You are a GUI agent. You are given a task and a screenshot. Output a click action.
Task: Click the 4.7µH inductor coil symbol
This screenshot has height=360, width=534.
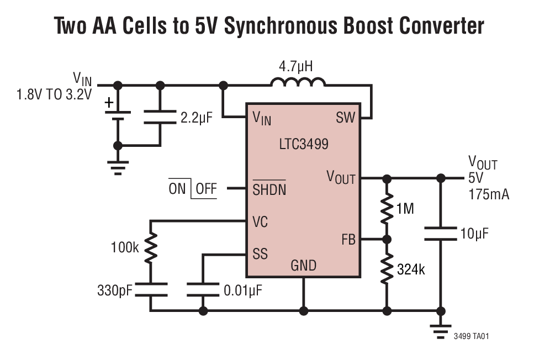click(x=298, y=83)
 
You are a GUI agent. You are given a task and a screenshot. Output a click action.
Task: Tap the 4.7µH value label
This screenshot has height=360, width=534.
click(x=295, y=67)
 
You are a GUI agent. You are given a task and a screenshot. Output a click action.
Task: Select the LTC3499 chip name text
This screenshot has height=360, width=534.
click(x=304, y=145)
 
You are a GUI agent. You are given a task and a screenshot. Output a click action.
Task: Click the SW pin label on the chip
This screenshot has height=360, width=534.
click(x=346, y=118)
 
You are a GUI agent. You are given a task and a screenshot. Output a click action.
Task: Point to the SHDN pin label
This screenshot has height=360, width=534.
click(x=269, y=189)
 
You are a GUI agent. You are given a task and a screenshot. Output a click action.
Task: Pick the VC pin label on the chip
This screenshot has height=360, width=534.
click(x=260, y=221)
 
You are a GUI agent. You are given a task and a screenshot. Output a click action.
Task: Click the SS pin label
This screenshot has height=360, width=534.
click(x=260, y=255)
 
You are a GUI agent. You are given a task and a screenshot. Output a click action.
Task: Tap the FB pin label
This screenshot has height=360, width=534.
click(x=348, y=240)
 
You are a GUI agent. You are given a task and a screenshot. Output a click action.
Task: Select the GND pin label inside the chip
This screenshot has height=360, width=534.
click(x=303, y=266)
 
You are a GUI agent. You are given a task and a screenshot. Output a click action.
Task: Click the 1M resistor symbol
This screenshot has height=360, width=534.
click(x=387, y=209)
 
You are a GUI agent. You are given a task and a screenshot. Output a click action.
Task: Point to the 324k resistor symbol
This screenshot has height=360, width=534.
click(x=387, y=269)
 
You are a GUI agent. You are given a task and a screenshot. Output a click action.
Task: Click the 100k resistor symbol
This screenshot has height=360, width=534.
click(x=151, y=247)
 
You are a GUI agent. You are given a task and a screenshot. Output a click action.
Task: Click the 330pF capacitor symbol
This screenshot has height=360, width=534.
click(x=151, y=290)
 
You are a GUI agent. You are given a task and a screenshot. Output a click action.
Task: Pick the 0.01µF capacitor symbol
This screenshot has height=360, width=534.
click(x=203, y=290)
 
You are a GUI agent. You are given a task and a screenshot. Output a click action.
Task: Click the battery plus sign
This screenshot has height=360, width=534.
click(x=109, y=102)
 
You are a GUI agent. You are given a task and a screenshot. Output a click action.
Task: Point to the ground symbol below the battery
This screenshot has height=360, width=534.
click(x=118, y=166)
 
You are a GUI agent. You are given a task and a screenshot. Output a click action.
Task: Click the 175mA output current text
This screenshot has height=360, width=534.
click(x=489, y=194)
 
